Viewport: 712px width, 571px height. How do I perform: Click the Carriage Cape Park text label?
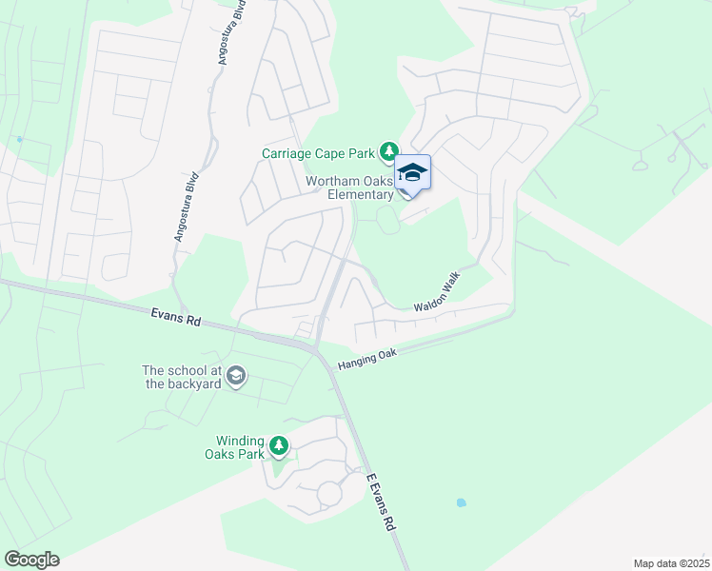320,153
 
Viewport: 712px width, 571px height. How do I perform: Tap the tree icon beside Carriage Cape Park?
388,151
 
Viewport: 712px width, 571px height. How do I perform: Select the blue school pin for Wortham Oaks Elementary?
412,174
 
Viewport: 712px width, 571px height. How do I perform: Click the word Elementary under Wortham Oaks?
360,195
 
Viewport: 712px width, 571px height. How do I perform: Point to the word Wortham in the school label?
332,181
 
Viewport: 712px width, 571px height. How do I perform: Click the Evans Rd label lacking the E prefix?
175,318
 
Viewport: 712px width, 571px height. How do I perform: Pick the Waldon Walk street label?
437,293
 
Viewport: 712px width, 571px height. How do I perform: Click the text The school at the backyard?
181,377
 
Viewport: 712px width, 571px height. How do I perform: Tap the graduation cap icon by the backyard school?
236,378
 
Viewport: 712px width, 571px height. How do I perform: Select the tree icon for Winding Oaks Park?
278,444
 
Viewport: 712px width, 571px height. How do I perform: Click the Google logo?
31,560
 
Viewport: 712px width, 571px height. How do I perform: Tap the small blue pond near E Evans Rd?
462,502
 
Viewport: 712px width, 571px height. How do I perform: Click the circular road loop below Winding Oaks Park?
329,494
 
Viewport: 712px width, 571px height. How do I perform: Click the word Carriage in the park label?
288,153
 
